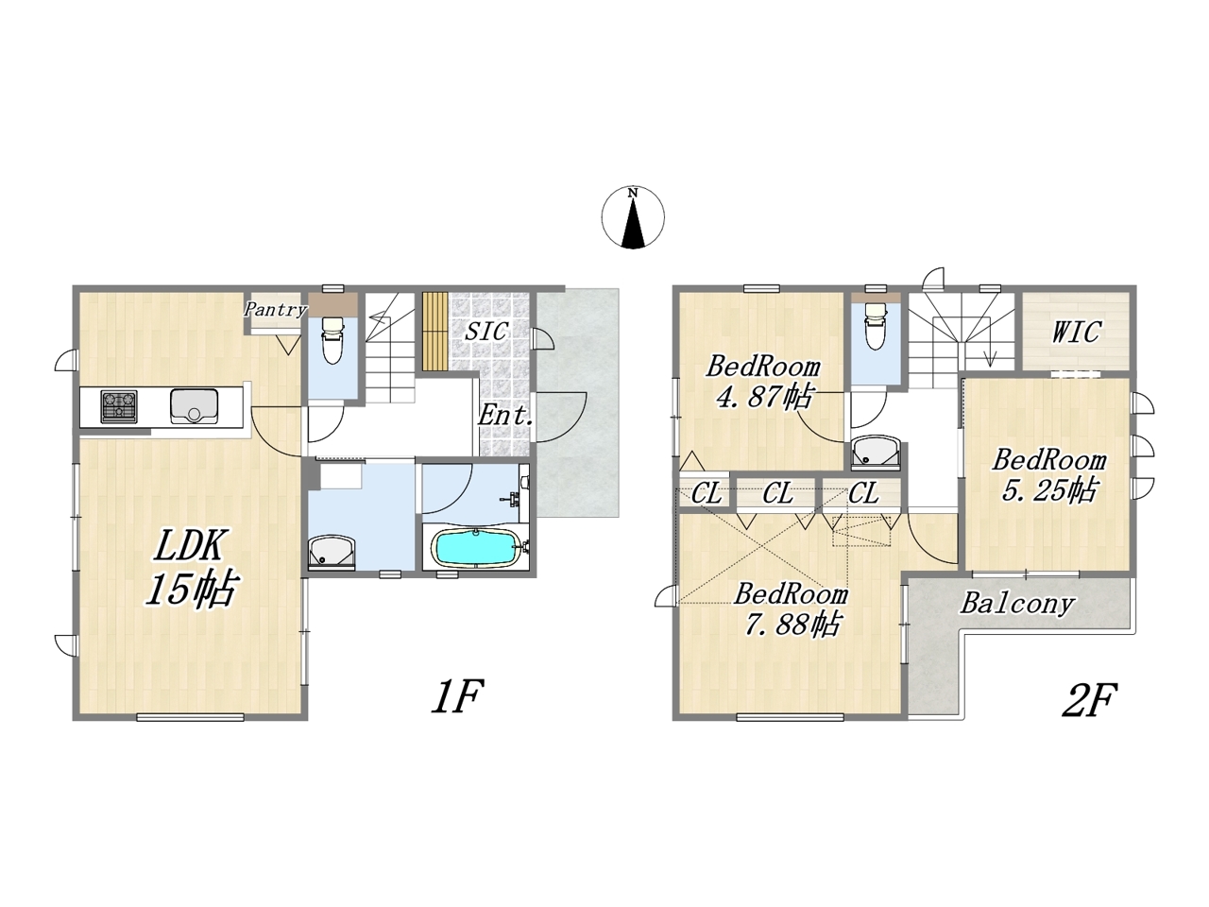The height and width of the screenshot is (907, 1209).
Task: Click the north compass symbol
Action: (632, 217)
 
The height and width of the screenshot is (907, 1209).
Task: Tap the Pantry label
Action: (275, 310)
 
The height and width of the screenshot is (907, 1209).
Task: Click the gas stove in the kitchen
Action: (119, 406)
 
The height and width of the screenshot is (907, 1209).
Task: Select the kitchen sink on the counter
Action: (194, 406)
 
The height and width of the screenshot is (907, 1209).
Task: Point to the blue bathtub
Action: (476, 546)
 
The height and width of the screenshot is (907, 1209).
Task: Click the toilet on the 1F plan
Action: (332, 340)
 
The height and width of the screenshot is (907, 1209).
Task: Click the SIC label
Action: (485, 331)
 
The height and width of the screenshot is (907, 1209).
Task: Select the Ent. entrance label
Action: (505, 415)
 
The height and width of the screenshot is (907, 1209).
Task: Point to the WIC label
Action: (1076, 332)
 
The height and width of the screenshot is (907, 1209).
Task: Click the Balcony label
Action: (1017, 605)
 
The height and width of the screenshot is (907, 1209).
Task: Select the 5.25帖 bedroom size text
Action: (1048, 489)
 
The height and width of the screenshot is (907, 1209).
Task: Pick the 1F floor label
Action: (457, 696)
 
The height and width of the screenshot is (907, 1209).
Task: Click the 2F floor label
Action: (1089, 700)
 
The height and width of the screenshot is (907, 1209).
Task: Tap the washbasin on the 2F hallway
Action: (876, 453)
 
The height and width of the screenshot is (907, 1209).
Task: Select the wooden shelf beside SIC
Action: (435, 331)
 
